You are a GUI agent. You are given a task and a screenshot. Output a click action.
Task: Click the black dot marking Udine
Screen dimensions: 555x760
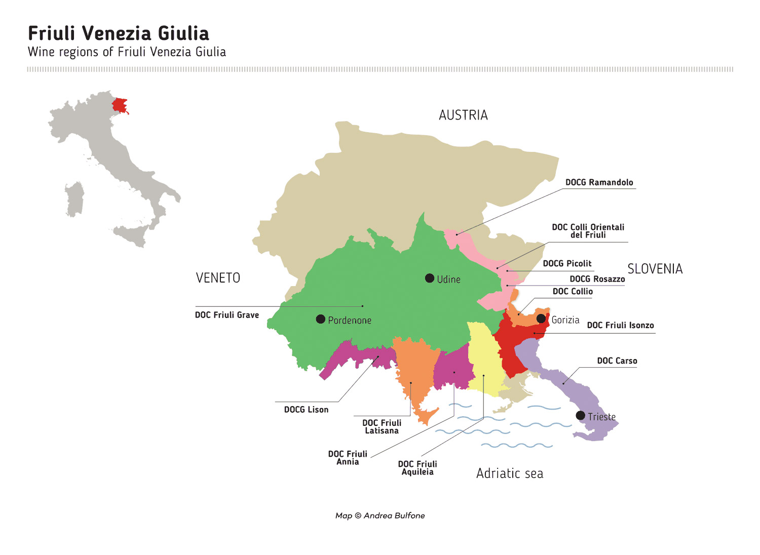[430, 278]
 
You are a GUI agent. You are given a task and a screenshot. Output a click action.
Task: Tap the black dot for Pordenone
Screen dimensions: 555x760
[321, 319]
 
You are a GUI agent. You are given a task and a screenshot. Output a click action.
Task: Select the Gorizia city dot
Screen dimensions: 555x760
[541, 319]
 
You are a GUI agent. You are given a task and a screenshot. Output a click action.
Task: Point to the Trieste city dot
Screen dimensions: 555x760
[581, 416]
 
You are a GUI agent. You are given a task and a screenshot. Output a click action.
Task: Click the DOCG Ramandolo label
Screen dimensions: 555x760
[599, 182]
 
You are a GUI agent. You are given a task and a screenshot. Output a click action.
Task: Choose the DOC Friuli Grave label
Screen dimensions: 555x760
[227, 315]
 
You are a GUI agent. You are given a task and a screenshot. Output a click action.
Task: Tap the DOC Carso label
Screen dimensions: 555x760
[617, 361]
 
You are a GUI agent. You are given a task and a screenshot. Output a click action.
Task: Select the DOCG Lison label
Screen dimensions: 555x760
[306, 410]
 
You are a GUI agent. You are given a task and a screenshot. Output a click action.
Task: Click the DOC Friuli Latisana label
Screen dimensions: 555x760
[382, 426]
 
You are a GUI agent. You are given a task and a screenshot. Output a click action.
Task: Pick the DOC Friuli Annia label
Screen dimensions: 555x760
[348, 458]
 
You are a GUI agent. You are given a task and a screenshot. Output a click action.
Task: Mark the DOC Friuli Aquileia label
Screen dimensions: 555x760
[417, 468]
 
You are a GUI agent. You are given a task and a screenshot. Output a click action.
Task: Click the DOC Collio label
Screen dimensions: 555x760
[573, 291]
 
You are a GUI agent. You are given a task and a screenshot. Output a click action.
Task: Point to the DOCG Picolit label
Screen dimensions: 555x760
[567, 263]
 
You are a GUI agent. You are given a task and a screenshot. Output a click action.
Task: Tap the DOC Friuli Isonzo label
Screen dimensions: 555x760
[620, 325]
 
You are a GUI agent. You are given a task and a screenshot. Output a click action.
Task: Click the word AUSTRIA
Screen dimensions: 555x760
[463, 115]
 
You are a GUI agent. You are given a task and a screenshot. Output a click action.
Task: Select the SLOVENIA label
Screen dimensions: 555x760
[655, 269]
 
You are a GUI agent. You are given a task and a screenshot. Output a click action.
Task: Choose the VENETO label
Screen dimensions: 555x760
[218, 278]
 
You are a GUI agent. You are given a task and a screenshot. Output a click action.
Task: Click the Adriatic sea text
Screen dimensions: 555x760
[510, 473]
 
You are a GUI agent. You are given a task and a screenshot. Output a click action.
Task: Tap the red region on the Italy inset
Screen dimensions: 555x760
[120, 105]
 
